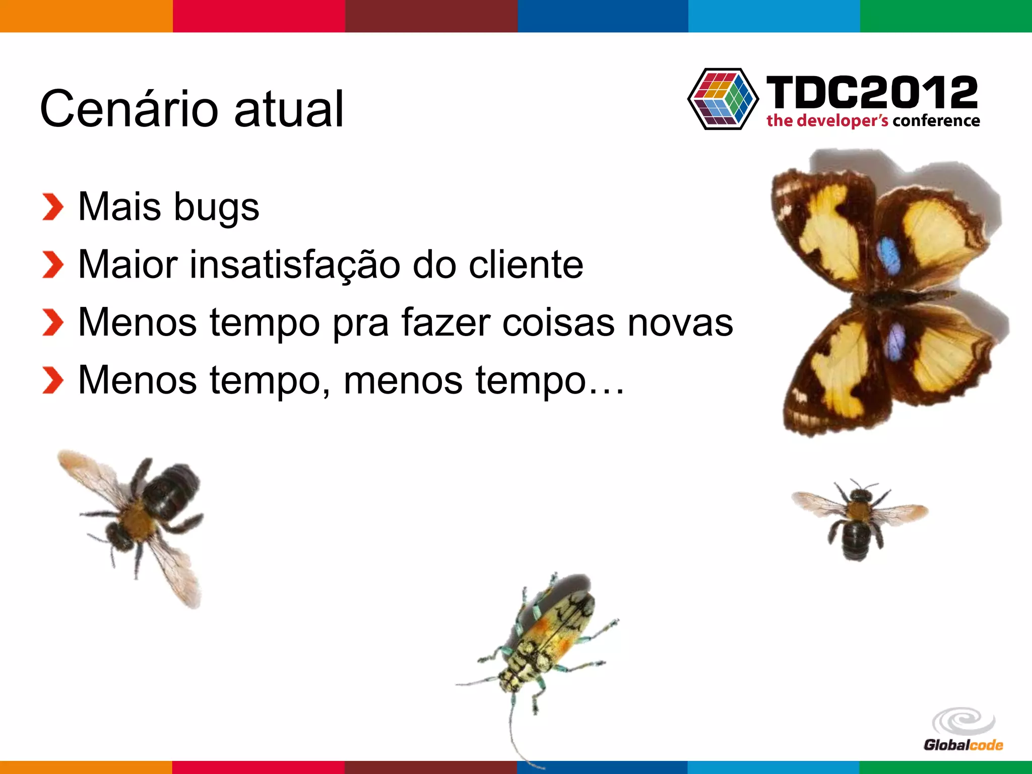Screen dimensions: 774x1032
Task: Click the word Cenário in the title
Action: [x=128, y=109]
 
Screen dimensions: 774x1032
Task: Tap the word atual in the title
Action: [x=289, y=109]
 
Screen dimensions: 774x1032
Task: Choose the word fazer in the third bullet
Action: [x=445, y=322]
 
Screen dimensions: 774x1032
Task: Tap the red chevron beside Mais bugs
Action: [x=52, y=207]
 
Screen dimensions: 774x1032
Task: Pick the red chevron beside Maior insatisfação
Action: [x=52, y=265]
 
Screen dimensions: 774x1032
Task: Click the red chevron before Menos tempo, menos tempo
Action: [x=52, y=380]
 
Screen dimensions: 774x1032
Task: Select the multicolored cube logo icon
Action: [x=723, y=99]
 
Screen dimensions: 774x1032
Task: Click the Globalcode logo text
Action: [x=963, y=745]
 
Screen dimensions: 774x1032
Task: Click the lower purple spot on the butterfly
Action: [x=896, y=341]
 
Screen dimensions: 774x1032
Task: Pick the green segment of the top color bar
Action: [x=946, y=16]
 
